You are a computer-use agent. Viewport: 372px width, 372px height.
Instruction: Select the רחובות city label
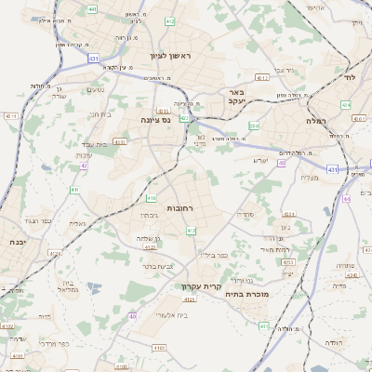pyautogui.click(x=180, y=209)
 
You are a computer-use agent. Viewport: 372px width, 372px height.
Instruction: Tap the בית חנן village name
pyautogui.click(x=100, y=114)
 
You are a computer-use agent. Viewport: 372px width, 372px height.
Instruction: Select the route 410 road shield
pyautogui.click(x=151, y=198)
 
